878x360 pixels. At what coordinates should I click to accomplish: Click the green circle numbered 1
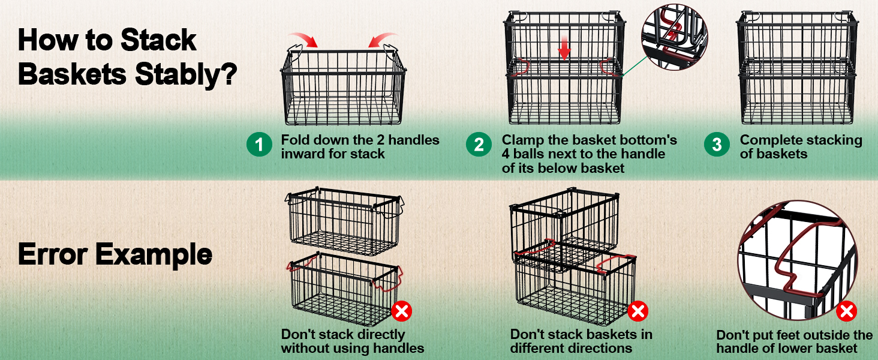(x=259, y=145)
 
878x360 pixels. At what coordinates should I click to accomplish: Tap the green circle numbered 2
(x=479, y=145)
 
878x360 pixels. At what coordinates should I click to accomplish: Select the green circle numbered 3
(x=717, y=145)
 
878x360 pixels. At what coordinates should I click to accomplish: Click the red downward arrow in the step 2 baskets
(x=564, y=50)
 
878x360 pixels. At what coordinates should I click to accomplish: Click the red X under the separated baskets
(x=401, y=311)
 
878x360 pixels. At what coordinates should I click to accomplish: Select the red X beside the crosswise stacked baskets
(x=638, y=311)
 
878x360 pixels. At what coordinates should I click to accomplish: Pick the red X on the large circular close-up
(x=846, y=311)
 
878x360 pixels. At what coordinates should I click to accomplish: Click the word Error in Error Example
(x=52, y=254)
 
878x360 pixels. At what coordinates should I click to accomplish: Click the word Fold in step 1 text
(x=294, y=140)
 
